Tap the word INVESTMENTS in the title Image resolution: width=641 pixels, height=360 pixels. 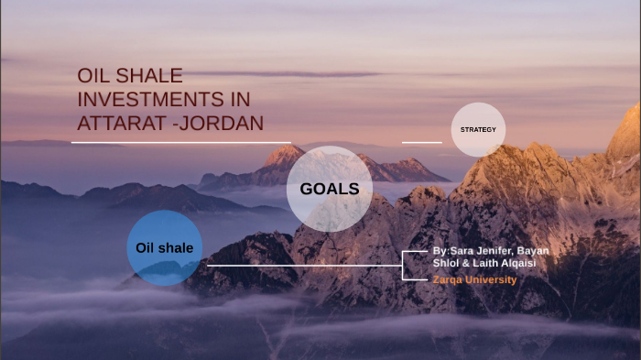[138, 99]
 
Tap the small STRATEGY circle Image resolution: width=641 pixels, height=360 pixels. [478, 129]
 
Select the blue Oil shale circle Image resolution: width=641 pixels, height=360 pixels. [165, 247]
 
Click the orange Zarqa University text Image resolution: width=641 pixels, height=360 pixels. [474, 279]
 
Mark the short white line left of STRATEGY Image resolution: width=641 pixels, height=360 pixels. [421, 143]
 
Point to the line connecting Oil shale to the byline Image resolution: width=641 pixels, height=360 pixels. [302, 266]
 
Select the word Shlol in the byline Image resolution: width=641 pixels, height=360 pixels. [445, 263]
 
